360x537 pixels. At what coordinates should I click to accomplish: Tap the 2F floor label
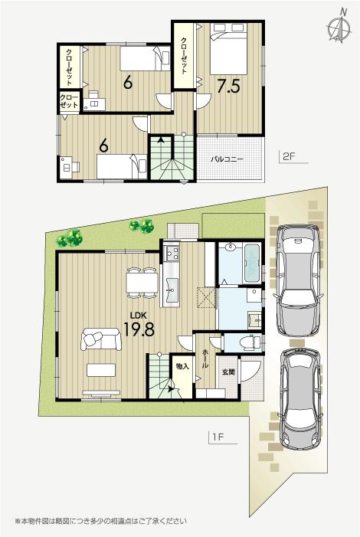[x=288, y=157]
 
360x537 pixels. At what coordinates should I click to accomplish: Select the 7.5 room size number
[x=227, y=85]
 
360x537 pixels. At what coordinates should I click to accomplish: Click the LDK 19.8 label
[x=138, y=325]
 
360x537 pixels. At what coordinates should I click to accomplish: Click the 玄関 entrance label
[x=228, y=372]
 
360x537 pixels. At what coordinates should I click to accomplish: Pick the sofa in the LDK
[x=100, y=339]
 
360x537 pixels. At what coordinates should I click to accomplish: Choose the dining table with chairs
[x=142, y=283]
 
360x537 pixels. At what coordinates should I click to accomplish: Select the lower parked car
[x=301, y=401]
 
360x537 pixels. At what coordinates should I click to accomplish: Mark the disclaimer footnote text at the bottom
[x=100, y=521]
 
